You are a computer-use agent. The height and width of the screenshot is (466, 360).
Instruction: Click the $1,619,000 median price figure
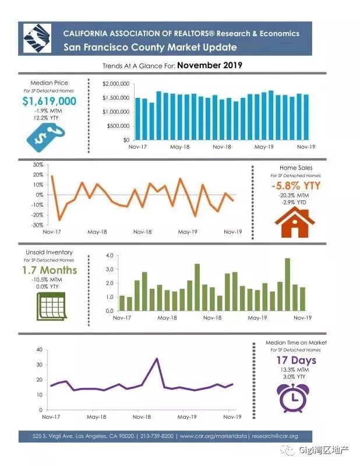(x=50, y=102)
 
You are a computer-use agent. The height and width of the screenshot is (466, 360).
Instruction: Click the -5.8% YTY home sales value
(x=295, y=186)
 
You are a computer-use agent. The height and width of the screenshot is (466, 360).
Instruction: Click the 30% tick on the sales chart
(x=38, y=165)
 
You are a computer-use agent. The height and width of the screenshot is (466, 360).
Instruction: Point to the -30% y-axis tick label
(x=37, y=225)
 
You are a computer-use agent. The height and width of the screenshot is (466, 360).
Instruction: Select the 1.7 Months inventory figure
(x=50, y=270)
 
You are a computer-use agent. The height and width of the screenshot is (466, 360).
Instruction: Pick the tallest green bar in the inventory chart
(x=287, y=284)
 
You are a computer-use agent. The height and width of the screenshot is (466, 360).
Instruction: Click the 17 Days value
(x=295, y=361)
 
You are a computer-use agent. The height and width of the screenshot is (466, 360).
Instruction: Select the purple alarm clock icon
(x=294, y=396)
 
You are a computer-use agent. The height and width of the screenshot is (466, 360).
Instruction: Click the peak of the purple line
(x=157, y=359)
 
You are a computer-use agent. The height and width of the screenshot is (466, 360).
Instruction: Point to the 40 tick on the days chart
(x=38, y=349)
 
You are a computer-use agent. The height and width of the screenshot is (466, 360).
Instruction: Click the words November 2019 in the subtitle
(x=209, y=65)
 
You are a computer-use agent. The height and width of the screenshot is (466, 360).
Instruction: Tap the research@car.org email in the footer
(x=274, y=436)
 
